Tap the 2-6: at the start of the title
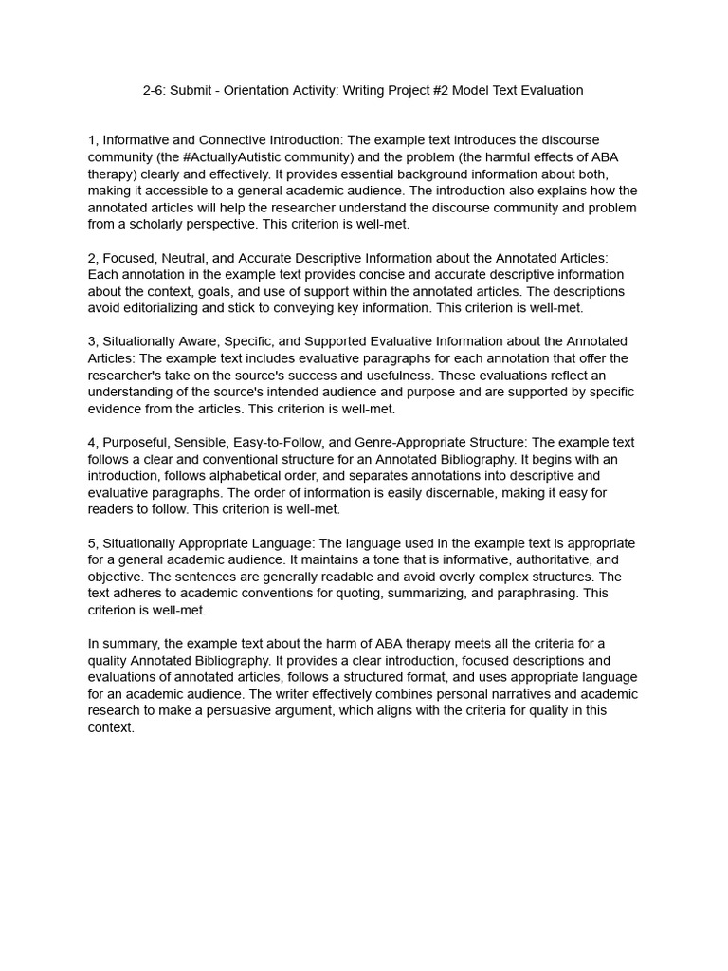(x=156, y=91)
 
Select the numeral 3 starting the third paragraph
(x=91, y=341)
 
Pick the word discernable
(x=364, y=492)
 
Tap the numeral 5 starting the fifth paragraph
(x=91, y=543)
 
